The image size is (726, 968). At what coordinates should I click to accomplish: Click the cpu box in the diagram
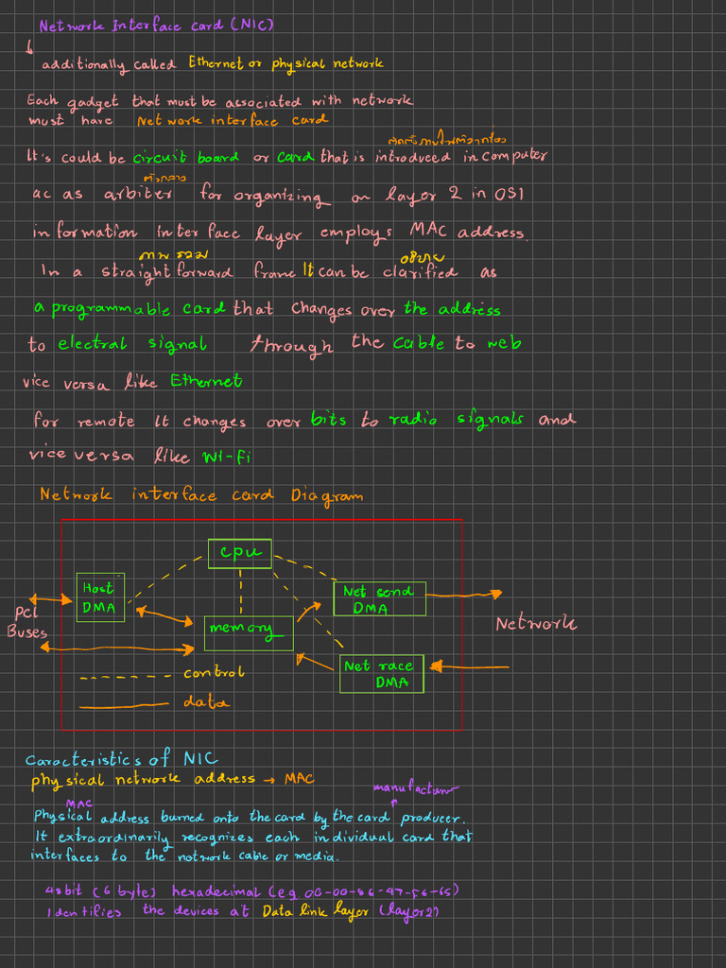click(x=239, y=553)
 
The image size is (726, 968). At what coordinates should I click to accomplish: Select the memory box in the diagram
click(x=248, y=632)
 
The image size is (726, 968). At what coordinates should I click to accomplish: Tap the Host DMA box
click(x=99, y=597)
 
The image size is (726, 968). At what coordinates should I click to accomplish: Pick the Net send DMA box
click(x=379, y=599)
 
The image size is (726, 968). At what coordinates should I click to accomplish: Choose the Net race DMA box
click(x=382, y=674)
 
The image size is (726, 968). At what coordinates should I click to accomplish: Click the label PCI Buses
click(x=26, y=622)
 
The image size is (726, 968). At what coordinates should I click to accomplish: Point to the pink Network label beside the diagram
click(x=536, y=624)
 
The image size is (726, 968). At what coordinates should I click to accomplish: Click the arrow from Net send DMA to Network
click(x=463, y=595)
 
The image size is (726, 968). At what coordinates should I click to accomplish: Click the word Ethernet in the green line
click(x=206, y=381)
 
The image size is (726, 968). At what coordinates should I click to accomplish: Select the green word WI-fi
click(x=226, y=457)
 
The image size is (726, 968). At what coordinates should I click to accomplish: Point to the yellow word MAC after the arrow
click(x=299, y=779)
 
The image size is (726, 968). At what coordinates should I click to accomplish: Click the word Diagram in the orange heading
click(x=326, y=495)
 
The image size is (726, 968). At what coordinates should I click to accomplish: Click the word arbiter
click(x=138, y=194)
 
